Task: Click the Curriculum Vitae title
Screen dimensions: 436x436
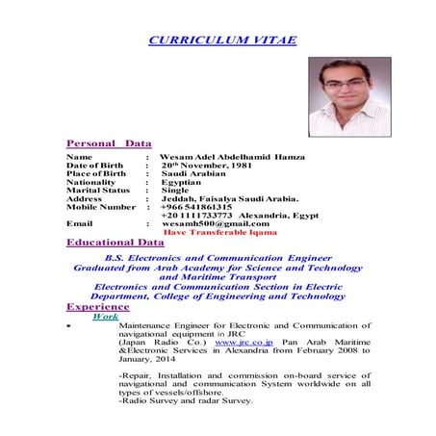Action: coord(222,39)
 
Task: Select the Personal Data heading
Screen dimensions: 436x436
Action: coord(103,142)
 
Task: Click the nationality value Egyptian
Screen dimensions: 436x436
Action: coord(181,182)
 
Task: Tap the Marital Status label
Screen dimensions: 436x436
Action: coord(97,191)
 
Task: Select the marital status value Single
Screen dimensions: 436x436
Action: coord(175,191)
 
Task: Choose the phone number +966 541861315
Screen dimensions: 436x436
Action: coord(196,207)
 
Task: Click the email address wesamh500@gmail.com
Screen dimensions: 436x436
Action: coord(215,223)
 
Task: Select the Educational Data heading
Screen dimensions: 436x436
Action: coord(115,243)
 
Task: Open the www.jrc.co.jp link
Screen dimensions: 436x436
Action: coord(244,342)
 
